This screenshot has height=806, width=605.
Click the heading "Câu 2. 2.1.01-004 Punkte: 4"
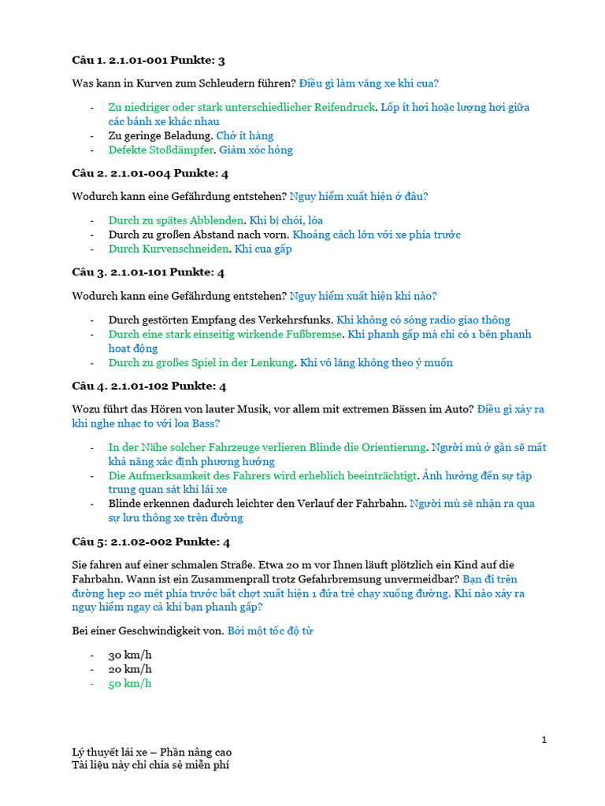point(150,173)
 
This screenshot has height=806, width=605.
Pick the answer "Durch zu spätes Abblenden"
point(176,220)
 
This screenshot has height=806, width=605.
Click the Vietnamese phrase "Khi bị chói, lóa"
point(286,220)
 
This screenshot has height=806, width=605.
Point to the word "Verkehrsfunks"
point(296,320)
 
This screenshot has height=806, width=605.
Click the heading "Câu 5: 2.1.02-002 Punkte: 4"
point(150,542)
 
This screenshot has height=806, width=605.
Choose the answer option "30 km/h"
point(130,655)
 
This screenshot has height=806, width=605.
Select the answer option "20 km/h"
point(130,669)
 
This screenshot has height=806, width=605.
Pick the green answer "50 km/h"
point(130,683)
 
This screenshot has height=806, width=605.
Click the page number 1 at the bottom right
point(544,739)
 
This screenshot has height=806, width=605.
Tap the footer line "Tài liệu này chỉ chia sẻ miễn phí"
point(151,765)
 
